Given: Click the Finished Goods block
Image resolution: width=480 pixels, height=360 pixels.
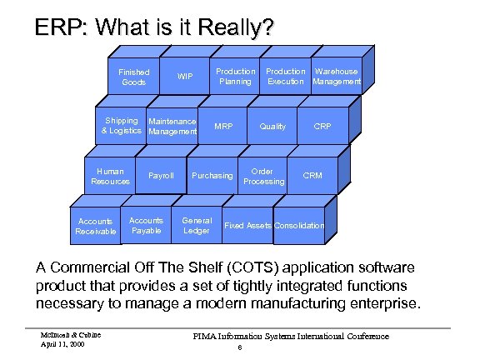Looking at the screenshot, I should [x=133, y=77].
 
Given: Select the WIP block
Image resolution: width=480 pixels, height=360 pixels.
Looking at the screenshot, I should [x=185, y=77].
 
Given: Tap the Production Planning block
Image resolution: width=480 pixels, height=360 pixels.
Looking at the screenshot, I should [x=236, y=77].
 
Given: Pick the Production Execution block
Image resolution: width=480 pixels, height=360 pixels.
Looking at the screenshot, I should [x=286, y=77].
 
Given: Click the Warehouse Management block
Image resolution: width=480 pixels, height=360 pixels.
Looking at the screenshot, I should [x=337, y=77].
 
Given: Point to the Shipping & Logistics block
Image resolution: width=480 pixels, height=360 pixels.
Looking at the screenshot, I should [x=122, y=126].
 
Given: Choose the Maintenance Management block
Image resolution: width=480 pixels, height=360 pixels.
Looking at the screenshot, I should [x=172, y=127].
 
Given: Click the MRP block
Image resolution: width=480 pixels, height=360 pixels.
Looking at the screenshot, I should [x=223, y=127].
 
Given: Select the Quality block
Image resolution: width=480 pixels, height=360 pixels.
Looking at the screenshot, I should [x=272, y=127].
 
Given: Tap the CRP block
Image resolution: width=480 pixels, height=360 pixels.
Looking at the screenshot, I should [x=322, y=127].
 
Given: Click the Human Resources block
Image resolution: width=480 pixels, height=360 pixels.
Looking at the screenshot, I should [x=110, y=176].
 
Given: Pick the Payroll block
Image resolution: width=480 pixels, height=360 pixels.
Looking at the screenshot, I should [x=161, y=176].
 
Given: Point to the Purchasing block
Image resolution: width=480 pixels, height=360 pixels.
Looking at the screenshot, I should [x=212, y=176].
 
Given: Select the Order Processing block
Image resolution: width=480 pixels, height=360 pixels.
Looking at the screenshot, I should [x=263, y=176].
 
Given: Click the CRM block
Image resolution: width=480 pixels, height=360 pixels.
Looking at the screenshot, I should [x=312, y=176].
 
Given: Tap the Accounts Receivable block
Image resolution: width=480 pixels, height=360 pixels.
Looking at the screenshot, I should [x=96, y=226].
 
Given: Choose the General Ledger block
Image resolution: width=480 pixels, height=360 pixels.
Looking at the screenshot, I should [x=197, y=226].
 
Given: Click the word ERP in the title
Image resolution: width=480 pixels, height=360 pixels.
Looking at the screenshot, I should [x=62, y=28].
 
